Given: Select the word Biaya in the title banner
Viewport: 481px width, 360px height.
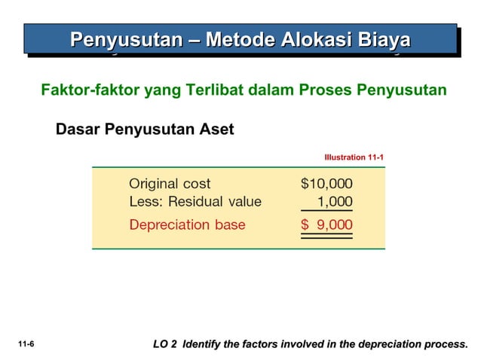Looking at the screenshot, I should (x=378, y=40).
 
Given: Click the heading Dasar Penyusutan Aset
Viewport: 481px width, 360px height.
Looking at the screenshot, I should (x=145, y=130).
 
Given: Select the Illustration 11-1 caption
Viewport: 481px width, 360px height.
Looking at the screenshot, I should (x=354, y=157).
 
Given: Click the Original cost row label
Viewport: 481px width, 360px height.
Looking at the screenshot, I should (x=170, y=183).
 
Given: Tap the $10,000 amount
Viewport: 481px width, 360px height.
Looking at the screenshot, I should (x=326, y=183).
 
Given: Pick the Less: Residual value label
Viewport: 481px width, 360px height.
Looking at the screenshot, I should (x=195, y=202).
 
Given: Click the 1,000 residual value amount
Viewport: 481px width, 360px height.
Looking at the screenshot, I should (x=335, y=202).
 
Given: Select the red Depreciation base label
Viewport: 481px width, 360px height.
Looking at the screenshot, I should (x=187, y=224).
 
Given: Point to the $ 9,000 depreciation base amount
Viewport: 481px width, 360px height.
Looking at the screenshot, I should (x=326, y=224).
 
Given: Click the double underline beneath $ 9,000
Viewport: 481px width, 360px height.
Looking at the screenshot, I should (x=326, y=236).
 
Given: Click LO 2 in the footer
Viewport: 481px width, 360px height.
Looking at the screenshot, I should (x=164, y=344).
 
